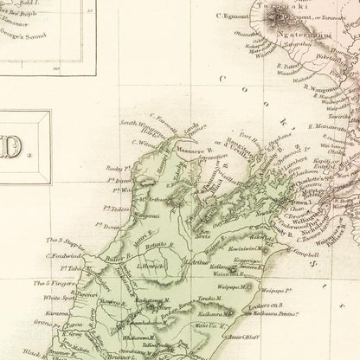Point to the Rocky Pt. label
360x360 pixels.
point(115,170)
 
